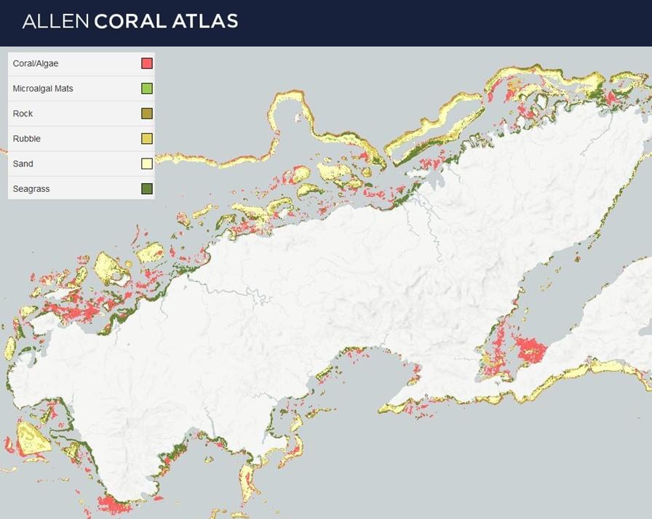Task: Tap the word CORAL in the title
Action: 130,21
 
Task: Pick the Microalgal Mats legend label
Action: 43,89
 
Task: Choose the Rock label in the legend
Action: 23,114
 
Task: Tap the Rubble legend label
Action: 26,139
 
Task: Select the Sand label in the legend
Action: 23,164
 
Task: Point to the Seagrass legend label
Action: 31,189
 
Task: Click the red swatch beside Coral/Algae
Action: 146,64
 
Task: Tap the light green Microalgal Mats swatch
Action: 146,89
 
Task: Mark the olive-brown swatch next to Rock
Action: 146,114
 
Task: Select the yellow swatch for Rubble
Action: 146,139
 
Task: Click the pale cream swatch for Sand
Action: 146,164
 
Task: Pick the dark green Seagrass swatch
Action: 146,189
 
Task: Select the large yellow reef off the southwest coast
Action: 32,438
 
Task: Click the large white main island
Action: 327,291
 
